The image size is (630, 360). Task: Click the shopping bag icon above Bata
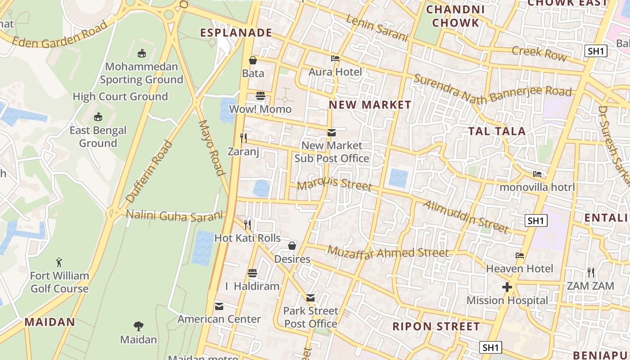[253, 60]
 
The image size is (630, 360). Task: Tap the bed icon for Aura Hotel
[335, 58]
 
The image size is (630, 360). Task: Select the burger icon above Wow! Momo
[261, 96]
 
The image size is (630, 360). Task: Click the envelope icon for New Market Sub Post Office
[332, 132]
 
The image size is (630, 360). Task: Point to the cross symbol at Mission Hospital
[507, 287]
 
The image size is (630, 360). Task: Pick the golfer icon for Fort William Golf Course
[59, 262]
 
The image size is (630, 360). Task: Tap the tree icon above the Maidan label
[139, 326]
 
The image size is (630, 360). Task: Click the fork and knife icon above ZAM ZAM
[591, 272]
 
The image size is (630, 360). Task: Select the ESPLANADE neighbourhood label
[236, 32]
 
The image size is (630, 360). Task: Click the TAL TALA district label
[497, 131]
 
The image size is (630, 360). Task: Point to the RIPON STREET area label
[436, 326]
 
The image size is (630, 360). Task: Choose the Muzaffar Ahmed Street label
[388, 252]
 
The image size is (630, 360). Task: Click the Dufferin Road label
[149, 171]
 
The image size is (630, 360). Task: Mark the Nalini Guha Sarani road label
[175, 216]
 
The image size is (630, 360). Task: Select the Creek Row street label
[539, 53]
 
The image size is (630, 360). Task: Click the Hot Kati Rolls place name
[247, 238]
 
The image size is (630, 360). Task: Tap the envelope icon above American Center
[219, 306]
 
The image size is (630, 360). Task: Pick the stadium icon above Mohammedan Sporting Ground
[142, 54]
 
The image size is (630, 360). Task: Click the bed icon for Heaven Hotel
[520, 256]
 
